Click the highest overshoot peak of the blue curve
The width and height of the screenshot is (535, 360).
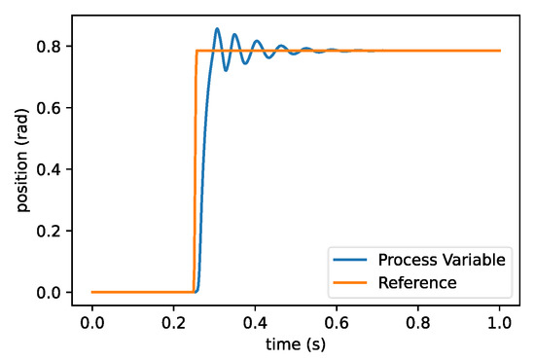[217, 29]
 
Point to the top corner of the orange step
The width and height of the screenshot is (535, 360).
[197, 51]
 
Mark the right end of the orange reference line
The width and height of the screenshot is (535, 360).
[500, 51]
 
